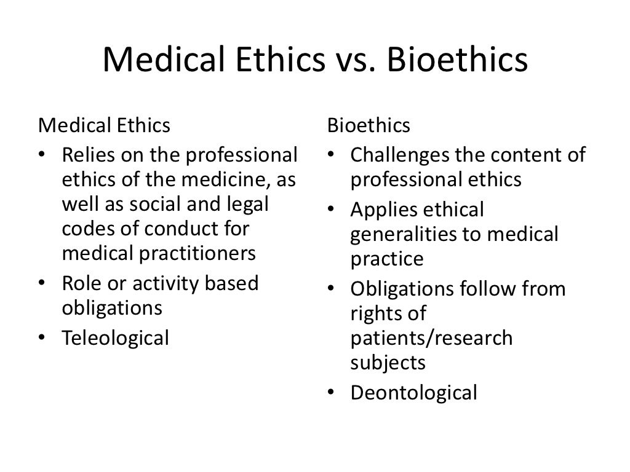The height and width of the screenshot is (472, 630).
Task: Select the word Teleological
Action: (x=115, y=337)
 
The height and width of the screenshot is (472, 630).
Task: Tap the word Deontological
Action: (x=413, y=392)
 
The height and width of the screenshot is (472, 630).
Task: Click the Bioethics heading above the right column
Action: (x=369, y=125)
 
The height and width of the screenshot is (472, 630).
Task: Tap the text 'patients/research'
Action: (x=431, y=337)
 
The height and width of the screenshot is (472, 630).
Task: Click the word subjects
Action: (x=388, y=362)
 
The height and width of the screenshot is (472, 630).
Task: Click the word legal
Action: (x=249, y=203)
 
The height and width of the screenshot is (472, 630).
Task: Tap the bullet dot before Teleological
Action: (x=41, y=338)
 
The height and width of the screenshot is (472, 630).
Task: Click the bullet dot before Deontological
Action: (x=330, y=393)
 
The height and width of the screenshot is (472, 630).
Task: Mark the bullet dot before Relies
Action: (x=41, y=155)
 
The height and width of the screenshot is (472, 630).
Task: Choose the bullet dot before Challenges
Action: (x=330, y=155)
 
